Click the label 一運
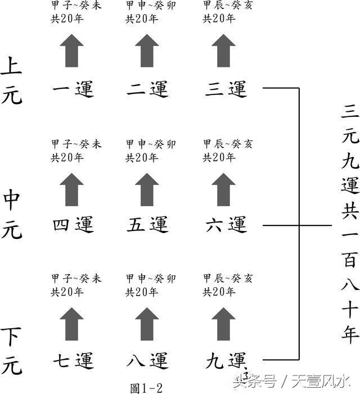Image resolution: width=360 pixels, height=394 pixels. pos(73,88)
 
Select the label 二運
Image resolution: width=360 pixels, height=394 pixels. pos(147,88)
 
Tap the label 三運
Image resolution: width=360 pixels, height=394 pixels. pos(226,88)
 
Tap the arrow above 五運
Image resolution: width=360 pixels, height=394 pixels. pos(147,188)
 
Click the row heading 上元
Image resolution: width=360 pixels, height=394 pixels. pos(12,80)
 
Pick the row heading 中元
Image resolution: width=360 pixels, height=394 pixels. pos(12,215)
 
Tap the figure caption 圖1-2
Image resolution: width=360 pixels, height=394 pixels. pos(147,387)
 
